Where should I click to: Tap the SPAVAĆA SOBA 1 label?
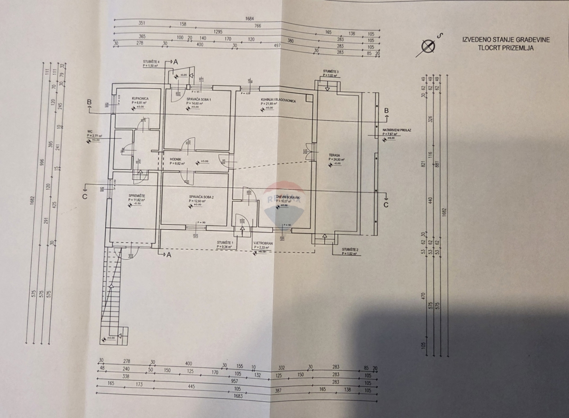pyautogui.click(x=198, y=99)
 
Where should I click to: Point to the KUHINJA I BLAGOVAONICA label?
pyautogui.click(x=278, y=100)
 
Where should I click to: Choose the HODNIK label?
pyautogui.click(x=170, y=159)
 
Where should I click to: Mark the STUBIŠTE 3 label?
pyautogui.click(x=330, y=72)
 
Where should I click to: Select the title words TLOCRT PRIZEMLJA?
pyautogui.click(x=507, y=47)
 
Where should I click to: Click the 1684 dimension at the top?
pyautogui.click(x=249, y=19)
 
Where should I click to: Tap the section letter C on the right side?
pyautogui.click(x=385, y=205)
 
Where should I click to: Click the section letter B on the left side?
pyautogui.click(x=89, y=102)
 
